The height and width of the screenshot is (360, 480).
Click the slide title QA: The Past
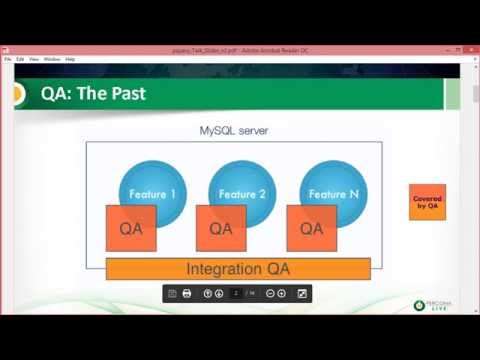[93, 95]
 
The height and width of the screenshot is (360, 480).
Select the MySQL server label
[234, 131]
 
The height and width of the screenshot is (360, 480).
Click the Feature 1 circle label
[154, 193]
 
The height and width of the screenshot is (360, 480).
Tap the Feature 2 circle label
[242, 193]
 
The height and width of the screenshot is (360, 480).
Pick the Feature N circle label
[333, 193]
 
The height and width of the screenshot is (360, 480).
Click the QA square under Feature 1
[131, 228]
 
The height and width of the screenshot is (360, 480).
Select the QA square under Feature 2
[221, 228]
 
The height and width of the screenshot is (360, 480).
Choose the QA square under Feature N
[311, 228]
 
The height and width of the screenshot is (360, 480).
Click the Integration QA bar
[238, 269]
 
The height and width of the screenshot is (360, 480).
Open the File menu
[8, 59]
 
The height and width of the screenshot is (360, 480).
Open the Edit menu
[21, 59]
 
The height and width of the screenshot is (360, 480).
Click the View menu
[34, 59]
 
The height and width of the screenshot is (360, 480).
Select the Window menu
[51, 59]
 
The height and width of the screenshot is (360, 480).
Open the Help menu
[70, 59]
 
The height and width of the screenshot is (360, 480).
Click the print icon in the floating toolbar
[187, 293]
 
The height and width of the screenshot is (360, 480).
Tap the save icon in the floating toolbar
[172, 293]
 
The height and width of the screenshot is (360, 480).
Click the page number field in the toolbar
[236, 293]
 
